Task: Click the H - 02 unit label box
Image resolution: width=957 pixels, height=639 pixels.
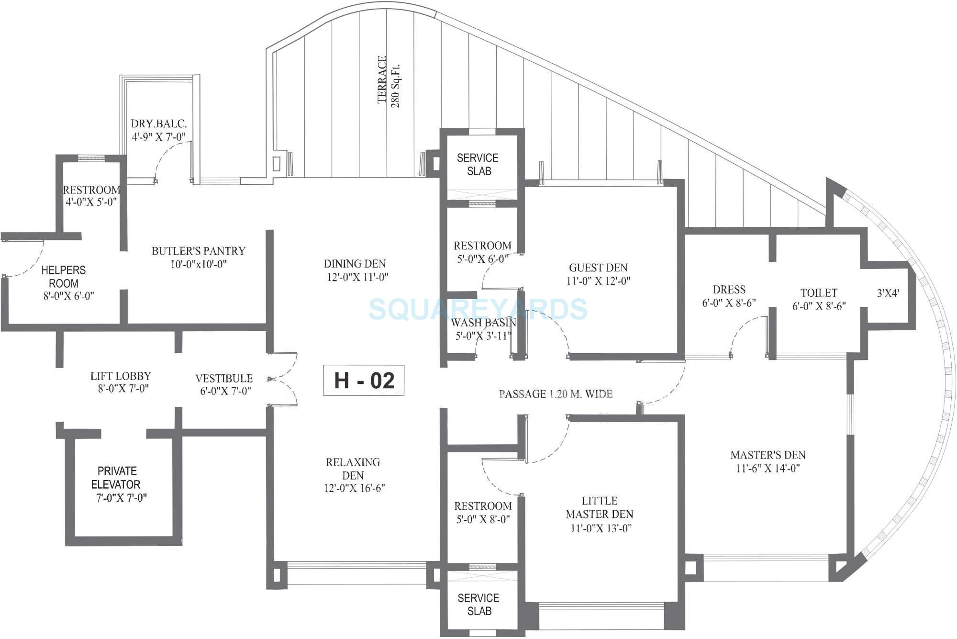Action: tap(364, 381)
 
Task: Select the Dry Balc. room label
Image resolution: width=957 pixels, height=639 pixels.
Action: tap(159, 130)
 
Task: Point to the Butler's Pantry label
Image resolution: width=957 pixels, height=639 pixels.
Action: tap(198, 257)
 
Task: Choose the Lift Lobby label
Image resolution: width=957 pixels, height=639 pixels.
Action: tap(122, 382)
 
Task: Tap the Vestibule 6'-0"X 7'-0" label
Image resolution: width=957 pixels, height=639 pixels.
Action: tap(224, 384)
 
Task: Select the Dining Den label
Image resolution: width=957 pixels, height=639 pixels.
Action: tap(356, 270)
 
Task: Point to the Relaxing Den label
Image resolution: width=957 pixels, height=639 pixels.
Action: tap(353, 475)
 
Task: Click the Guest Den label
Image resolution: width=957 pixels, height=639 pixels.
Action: tap(598, 274)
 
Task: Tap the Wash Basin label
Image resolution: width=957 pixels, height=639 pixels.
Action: tap(483, 329)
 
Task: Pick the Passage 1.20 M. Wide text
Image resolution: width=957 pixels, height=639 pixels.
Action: tap(556, 394)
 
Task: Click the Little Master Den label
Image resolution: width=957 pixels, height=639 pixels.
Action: tap(600, 514)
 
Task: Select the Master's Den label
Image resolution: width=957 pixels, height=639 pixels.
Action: tap(768, 461)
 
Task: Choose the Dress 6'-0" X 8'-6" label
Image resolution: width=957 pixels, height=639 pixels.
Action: tap(729, 296)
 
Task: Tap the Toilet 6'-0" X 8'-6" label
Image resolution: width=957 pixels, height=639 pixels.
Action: tap(819, 299)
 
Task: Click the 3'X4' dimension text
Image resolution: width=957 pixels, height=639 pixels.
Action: tap(888, 293)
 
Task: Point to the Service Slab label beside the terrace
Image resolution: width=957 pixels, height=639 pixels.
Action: tap(478, 164)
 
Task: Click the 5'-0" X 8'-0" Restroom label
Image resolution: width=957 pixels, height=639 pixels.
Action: tap(483, 512)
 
